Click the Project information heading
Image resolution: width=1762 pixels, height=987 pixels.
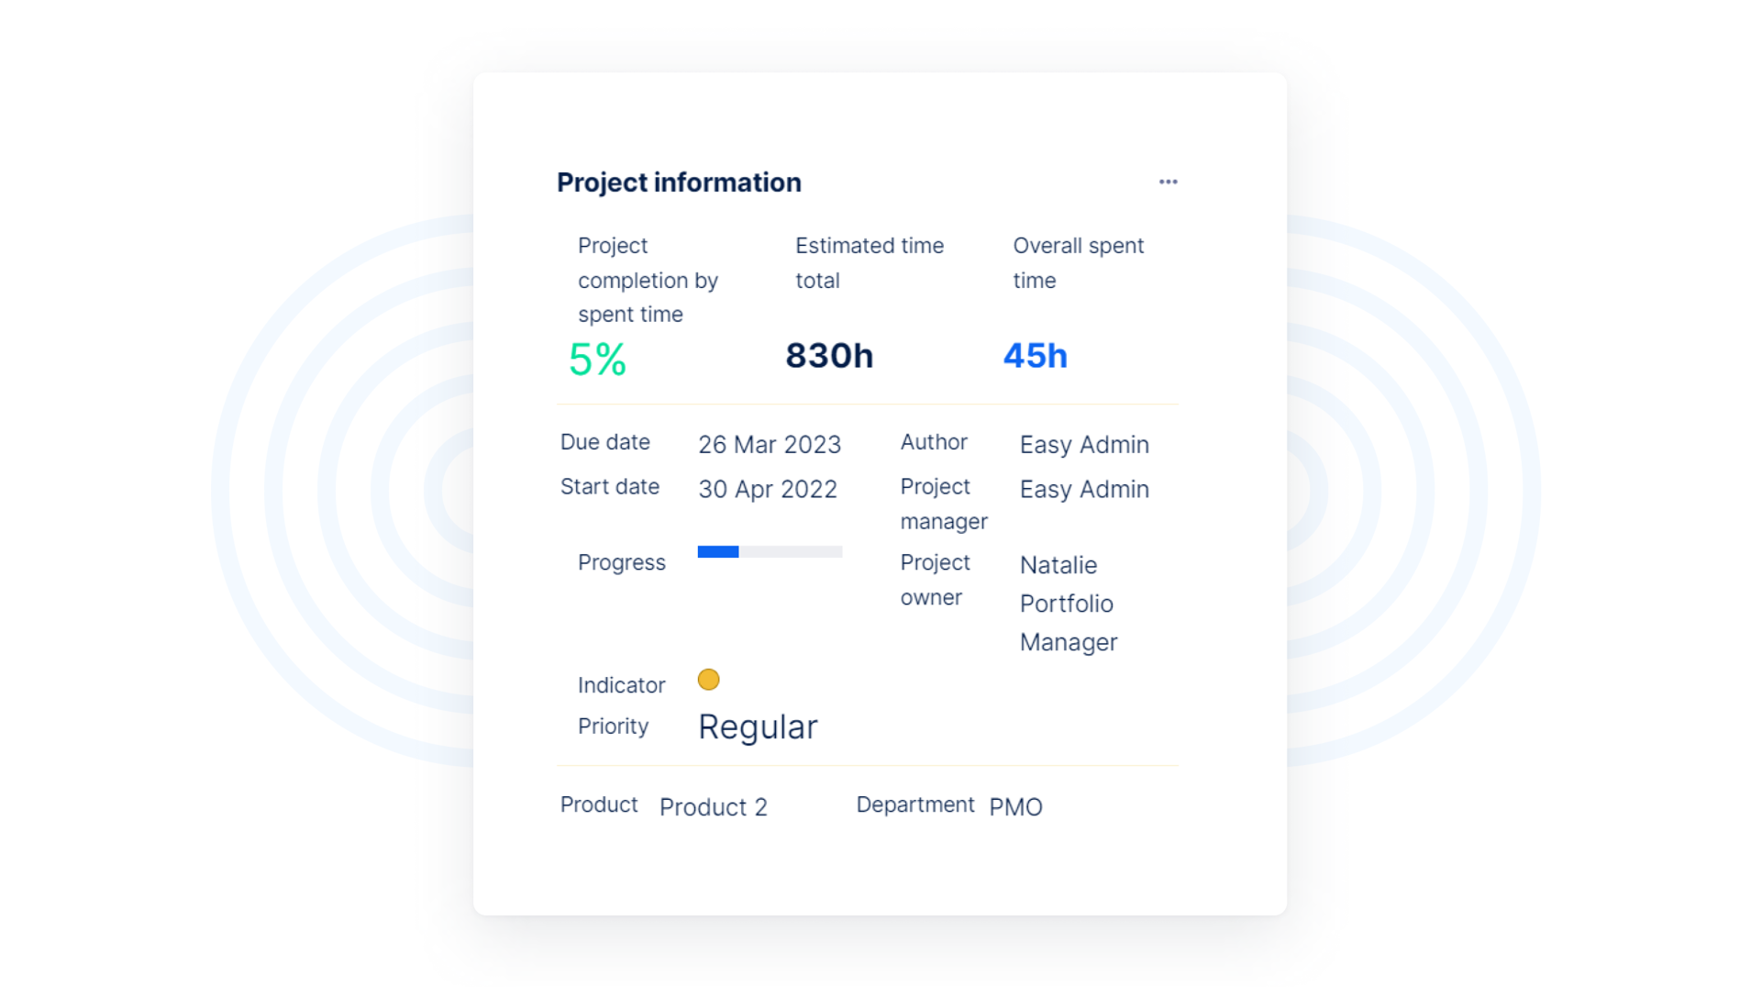point(679,183)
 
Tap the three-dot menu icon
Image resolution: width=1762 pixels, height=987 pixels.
point(1168,182)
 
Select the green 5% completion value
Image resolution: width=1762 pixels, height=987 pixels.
point(597,359)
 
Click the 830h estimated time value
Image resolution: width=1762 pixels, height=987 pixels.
point(829,356)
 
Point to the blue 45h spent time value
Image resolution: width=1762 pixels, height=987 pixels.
point(1035,356)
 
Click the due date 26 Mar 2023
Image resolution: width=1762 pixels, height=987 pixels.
point(770,445)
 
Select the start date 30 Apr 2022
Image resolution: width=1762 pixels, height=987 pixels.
point(768,490)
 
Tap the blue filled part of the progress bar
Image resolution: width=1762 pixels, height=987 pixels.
point(718,552)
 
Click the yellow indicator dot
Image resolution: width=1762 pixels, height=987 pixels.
point(708,680)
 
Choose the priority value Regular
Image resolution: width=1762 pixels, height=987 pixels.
point(758,727)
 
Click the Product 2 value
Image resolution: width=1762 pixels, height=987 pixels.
point(713,807)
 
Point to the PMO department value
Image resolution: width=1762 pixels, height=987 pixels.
point(1015,807)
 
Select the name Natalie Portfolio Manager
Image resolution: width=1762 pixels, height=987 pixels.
point(1068,604)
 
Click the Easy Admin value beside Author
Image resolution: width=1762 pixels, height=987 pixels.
point(1084,445)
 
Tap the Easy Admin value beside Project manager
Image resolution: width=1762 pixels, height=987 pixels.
point(1084,490)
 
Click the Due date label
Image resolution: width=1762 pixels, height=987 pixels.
point(605,442)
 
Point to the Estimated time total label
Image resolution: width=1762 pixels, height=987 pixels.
point(869,263)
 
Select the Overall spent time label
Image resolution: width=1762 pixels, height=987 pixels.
point(1078,263)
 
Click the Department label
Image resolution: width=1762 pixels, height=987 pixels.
point(914,804)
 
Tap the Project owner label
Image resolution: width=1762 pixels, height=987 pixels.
point(935,580)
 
